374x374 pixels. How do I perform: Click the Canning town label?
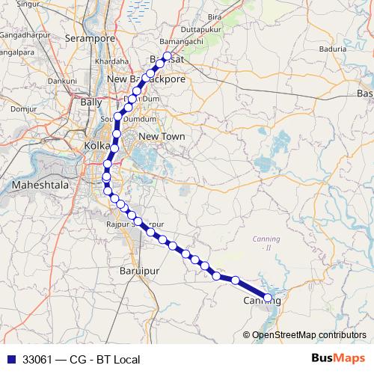point(261,301)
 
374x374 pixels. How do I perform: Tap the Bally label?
point(91,101)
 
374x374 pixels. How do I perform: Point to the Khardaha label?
point(112,61)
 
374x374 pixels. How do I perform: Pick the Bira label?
point(215,15)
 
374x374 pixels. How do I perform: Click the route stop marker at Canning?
point(268,298)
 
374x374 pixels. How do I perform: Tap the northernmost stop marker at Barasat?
point(167,56)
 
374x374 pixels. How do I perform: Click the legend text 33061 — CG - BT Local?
point(82,360)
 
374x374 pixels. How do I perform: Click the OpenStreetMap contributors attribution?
point(310,335)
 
